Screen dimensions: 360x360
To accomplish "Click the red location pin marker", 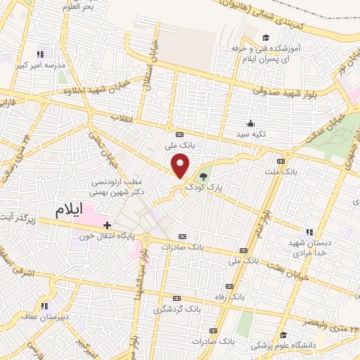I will click(181, 166).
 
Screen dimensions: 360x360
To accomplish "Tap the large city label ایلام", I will click(72, 209).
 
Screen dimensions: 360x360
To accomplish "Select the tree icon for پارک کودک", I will click(203, 176).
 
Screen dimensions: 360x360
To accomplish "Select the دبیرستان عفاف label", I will click(45, 316).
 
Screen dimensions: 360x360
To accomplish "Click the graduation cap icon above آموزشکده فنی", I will click(265, 38).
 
